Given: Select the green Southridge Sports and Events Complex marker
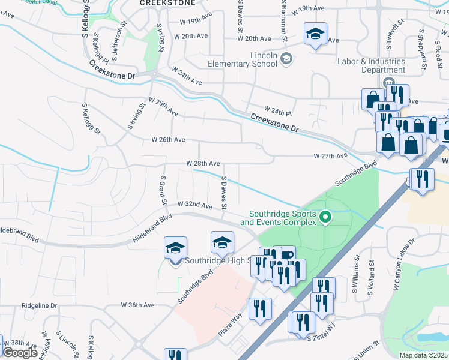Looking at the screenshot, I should (x=325, y=217).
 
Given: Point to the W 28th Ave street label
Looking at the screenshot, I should (x=203, y=163).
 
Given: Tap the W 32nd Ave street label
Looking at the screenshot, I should (x=195, y=205).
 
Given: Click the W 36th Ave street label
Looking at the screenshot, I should (x=137, y=305).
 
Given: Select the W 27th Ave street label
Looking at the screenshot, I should (x=330, y=156).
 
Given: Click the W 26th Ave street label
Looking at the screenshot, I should (x=168, y=140).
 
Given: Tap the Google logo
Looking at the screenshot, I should (x=20, y=352).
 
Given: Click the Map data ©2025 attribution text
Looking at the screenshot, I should (x=423, y=355).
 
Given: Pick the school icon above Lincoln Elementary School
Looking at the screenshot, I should (x=314, y=34).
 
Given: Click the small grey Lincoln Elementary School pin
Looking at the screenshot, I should (x=286, y=58).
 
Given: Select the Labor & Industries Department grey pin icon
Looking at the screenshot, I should (x=388, y=83).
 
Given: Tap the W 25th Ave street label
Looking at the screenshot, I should (x=163, y=108).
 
